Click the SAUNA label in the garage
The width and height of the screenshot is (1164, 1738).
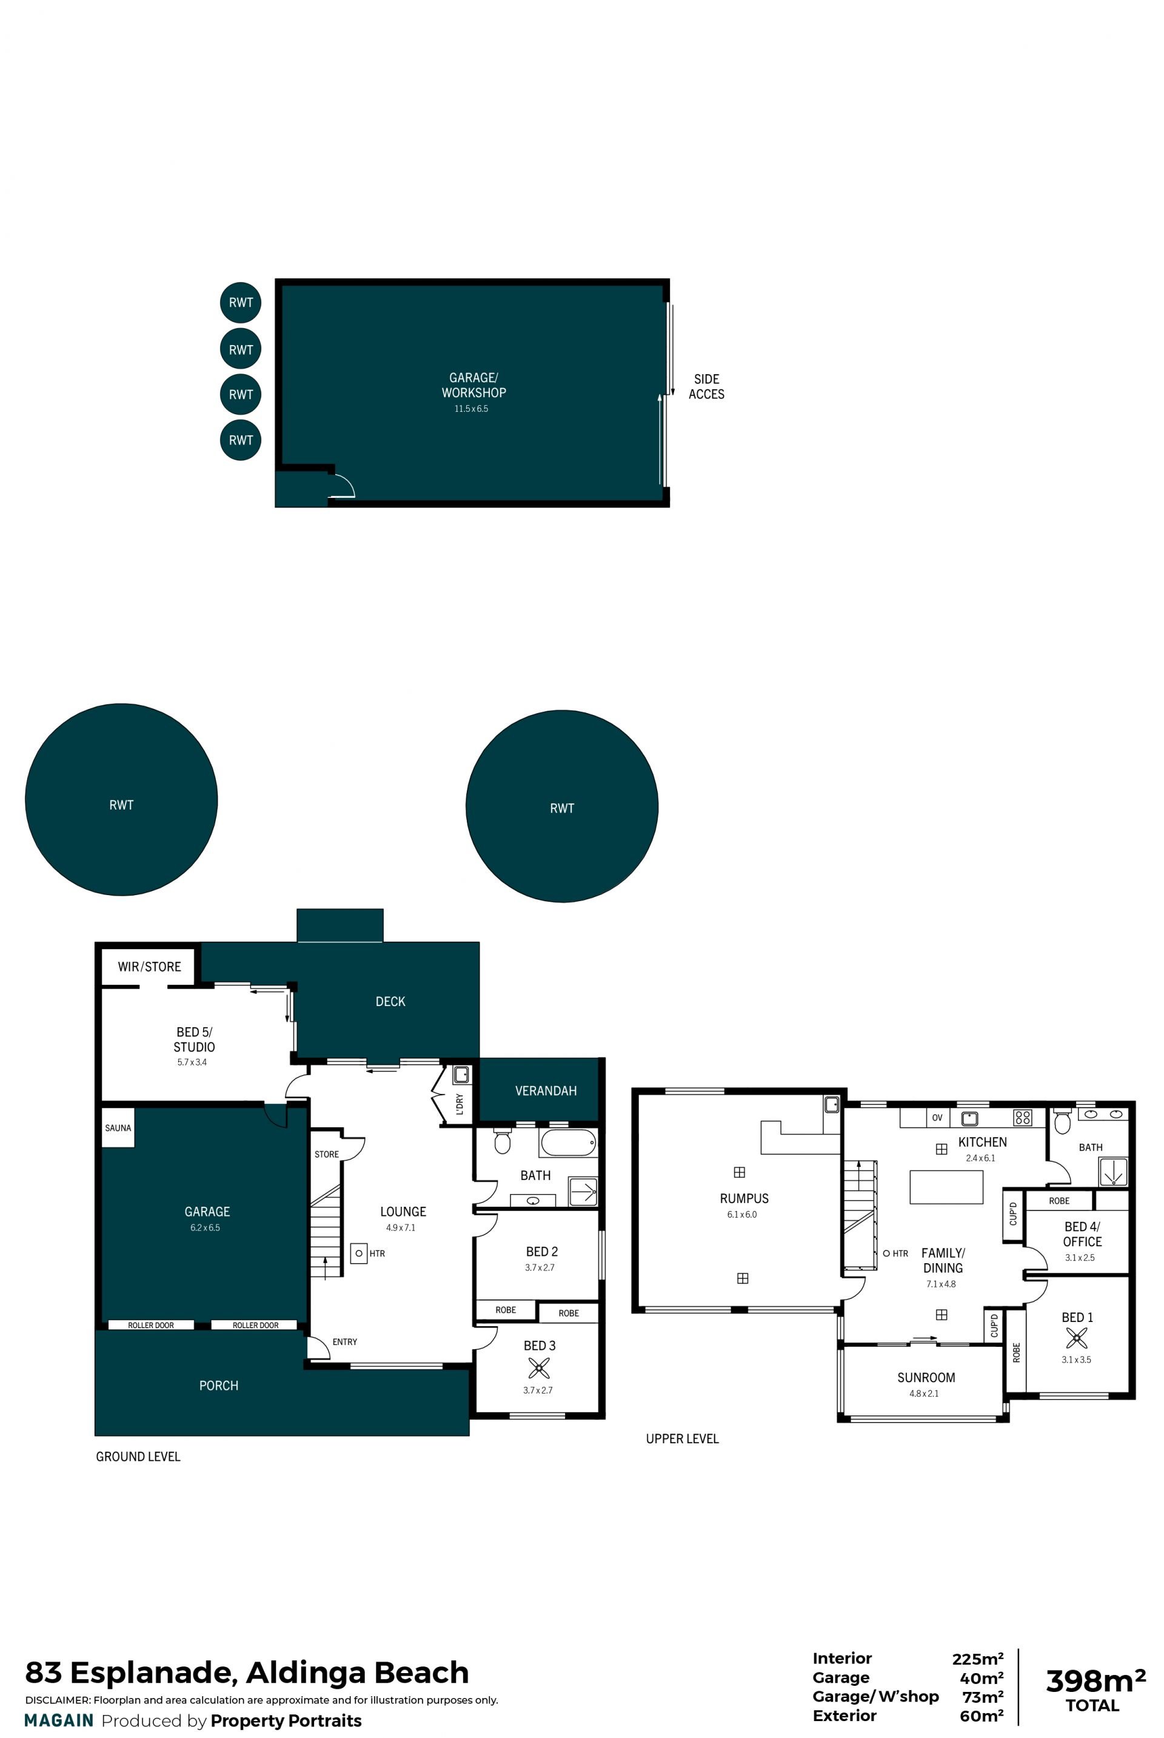[x=118, y=1128]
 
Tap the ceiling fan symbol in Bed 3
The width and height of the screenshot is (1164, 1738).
[x=539, y=1367]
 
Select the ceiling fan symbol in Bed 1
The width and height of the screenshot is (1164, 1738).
[x=1077, y=1338]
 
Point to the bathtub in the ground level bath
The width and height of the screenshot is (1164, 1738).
[x=568, y=1142]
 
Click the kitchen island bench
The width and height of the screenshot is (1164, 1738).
[x=946, y=1187]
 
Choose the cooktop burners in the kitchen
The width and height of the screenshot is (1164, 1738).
[x=1022, y=1118]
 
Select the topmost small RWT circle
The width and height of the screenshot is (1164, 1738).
[x=241, y=302]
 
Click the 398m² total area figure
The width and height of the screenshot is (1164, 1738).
[x=1095, y=1681]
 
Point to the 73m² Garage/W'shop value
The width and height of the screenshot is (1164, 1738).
[x=983, y=1696]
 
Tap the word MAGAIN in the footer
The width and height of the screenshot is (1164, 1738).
[x=59, y=1720]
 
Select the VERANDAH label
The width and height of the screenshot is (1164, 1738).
[x=546, y=1090]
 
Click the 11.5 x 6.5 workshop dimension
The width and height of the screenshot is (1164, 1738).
[x=472, y=408]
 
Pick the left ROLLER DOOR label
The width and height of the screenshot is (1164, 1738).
[x=151, y=1325]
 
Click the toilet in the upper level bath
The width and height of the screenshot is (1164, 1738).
[x=1062, y=1122]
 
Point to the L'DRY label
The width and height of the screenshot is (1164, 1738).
[x=460, y=1104]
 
